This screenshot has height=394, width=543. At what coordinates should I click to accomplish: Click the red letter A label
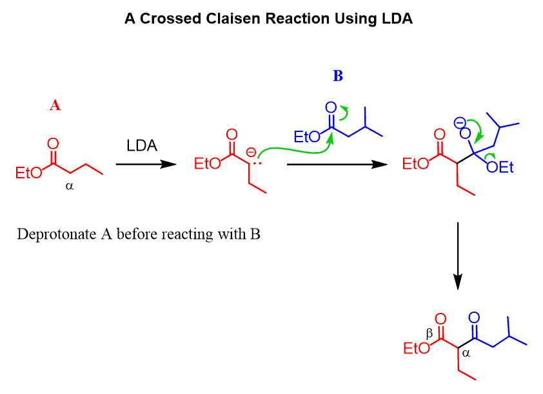click(x=55, y=106)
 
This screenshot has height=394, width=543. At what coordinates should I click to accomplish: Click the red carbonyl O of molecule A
click(x=53, y=144)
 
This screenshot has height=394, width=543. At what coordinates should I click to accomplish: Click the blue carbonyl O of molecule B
click(x=331, y=107)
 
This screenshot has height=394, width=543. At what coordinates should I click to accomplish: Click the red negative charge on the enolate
click(x=251, y=153)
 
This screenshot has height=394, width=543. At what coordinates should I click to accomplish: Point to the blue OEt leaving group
click(x=500, y=167)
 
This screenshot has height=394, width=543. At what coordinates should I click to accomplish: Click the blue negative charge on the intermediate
click(x=459, y=121)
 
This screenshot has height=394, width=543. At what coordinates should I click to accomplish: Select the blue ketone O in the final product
click(x=474, y=317)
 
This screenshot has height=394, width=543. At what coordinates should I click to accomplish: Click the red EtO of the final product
click(x=416, y=348)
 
